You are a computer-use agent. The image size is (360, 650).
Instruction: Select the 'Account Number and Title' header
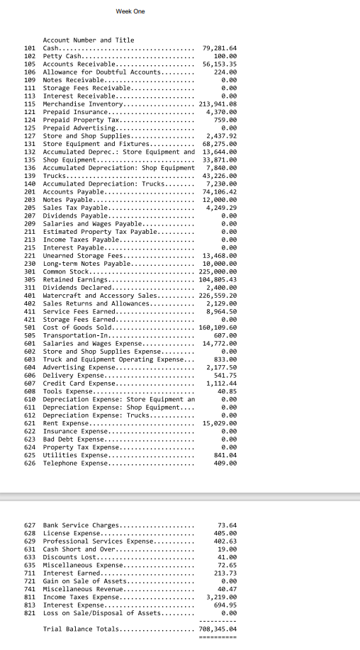[89, 40]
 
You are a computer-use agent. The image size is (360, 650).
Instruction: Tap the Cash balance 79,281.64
[219, 47]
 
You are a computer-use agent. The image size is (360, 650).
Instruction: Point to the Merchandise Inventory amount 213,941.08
[217, 103]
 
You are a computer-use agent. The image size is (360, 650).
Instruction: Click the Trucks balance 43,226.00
[219, 175]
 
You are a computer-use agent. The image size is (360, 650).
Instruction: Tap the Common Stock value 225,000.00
[217, 271]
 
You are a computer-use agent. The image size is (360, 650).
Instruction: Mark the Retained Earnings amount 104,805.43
[217, 279]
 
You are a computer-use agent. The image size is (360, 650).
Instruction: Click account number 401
[30, 295]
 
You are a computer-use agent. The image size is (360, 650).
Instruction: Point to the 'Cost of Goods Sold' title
[78, 327]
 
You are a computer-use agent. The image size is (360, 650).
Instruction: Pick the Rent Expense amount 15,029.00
[219, 422]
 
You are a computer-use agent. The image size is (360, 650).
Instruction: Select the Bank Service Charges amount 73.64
[226, 525]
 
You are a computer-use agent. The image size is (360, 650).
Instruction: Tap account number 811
[30, 597]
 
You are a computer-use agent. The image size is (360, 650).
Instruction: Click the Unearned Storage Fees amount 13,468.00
[219, 254]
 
